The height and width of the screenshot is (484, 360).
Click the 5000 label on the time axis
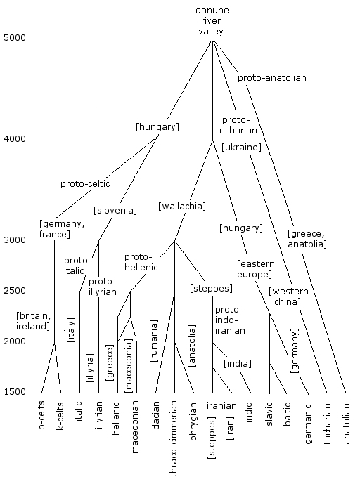(15, 38)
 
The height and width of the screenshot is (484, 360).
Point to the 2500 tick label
(15, 290)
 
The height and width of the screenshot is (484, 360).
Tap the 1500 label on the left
(15, 392)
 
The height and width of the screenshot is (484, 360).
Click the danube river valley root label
(212, 20)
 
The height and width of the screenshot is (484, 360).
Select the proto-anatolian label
(272, 78)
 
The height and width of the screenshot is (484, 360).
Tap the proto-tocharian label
(236, 125)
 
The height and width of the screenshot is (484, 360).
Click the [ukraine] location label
(241, 147)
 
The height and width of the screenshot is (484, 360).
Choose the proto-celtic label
(85, 184)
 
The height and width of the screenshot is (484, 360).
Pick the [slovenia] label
(115, 211)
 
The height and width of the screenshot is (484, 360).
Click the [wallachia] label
(182, 206)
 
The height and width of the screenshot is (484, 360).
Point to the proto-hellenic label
(141, 262)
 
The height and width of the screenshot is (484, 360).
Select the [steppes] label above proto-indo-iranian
(211, 288)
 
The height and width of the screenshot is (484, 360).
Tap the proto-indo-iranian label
(230, 320)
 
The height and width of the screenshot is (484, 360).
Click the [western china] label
(288, 296)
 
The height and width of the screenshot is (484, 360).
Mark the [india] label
(238, 363)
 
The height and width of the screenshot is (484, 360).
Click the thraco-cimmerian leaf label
(174, 438)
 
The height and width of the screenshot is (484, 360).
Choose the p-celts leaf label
(41, 415)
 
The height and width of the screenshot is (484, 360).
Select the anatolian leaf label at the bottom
(346, 424)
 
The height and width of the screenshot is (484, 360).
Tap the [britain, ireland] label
(33, 321)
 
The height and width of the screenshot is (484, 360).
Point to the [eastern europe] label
(255, 269)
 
